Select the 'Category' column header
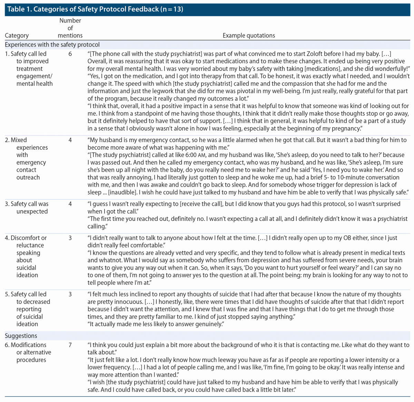17,36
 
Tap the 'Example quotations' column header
249,36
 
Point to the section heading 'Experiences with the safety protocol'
52,45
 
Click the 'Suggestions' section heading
21,336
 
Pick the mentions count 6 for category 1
70,54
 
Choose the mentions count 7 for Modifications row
70,345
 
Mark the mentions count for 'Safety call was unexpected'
70,204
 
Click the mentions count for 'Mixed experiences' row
70,140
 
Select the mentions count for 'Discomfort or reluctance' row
70,238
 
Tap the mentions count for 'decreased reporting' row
70,294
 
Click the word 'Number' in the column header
70,21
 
